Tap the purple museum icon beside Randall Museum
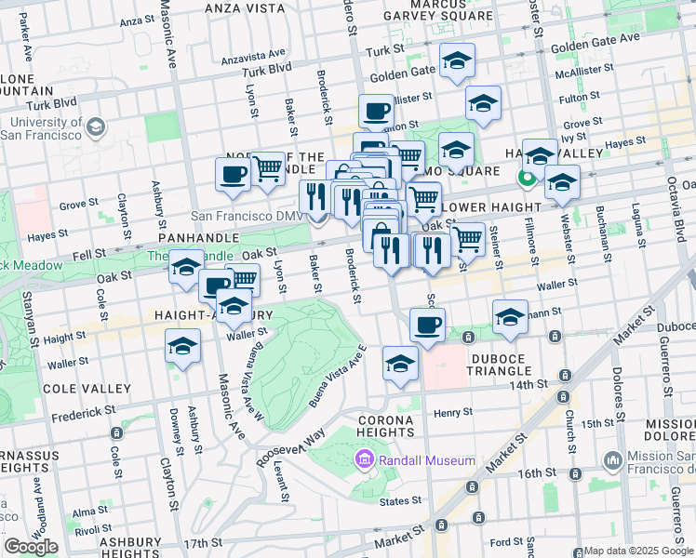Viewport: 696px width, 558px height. [364, 459]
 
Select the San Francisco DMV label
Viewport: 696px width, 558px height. [248, 216]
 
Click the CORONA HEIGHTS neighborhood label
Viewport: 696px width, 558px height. [385, 426]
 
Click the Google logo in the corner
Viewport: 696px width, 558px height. [31, 546]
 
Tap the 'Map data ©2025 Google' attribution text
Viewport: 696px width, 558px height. [638, 551]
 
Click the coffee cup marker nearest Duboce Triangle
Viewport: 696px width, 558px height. [427, 326]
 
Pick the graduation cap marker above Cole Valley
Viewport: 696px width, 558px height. [183, 349]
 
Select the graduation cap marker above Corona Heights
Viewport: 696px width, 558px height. [400, 364]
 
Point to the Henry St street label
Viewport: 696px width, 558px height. [453, 411]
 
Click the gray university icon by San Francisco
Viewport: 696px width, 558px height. [94, 126]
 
